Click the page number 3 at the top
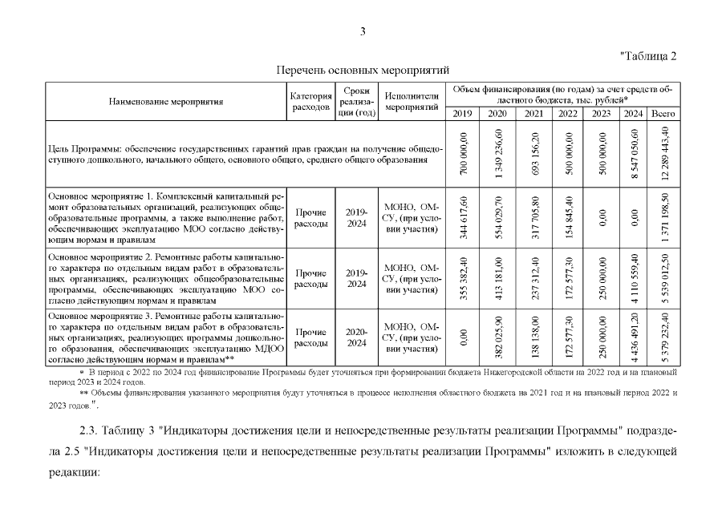tap(363, 32)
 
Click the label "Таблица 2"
tap(649, 55)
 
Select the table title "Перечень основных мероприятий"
tap(363, 71)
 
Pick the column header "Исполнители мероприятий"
tap(412, 102)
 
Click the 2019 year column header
tap(462, 113)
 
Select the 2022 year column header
tap(568, 113)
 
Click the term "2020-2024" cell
tap(356, 337)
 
